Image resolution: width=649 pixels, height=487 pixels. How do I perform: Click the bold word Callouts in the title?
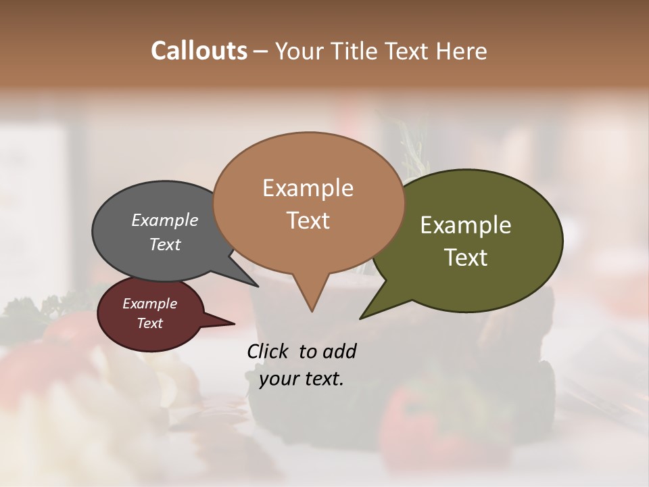199,51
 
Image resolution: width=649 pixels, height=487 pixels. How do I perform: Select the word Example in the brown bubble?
308,188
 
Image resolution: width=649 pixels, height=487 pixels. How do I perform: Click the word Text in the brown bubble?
308,220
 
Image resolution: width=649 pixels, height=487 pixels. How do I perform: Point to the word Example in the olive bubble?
466,225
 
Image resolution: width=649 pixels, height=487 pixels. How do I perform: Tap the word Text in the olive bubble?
466,257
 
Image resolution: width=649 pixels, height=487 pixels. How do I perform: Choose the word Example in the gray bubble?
165,220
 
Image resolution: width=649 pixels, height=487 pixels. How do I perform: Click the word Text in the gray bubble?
165,244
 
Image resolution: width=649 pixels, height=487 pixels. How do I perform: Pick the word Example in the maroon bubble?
150,304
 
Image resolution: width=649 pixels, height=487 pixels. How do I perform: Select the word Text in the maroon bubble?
150,323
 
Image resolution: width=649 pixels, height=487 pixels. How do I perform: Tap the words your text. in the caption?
302,379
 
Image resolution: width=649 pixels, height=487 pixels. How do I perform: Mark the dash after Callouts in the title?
261,51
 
